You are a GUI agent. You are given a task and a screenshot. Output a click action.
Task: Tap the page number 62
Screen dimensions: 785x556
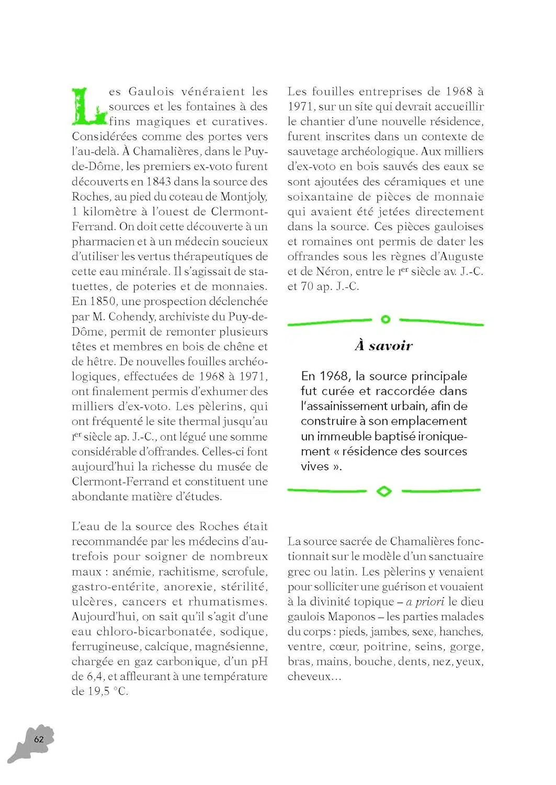pos(39,739)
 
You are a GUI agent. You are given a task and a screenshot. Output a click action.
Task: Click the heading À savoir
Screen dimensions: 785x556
pos(383,345)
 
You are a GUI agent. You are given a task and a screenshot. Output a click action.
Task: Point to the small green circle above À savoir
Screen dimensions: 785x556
pos(385,319)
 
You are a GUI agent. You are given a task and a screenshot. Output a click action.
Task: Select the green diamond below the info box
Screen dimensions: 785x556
pos(384,491)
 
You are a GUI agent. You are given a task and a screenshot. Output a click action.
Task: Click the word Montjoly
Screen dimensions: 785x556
pos(244,197)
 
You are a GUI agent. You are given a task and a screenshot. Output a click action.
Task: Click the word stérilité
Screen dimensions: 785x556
pos(244,587)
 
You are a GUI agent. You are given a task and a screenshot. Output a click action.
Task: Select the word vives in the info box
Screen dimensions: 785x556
pos(314,466)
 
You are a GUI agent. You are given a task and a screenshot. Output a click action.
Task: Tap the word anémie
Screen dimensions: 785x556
pos(132,571)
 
